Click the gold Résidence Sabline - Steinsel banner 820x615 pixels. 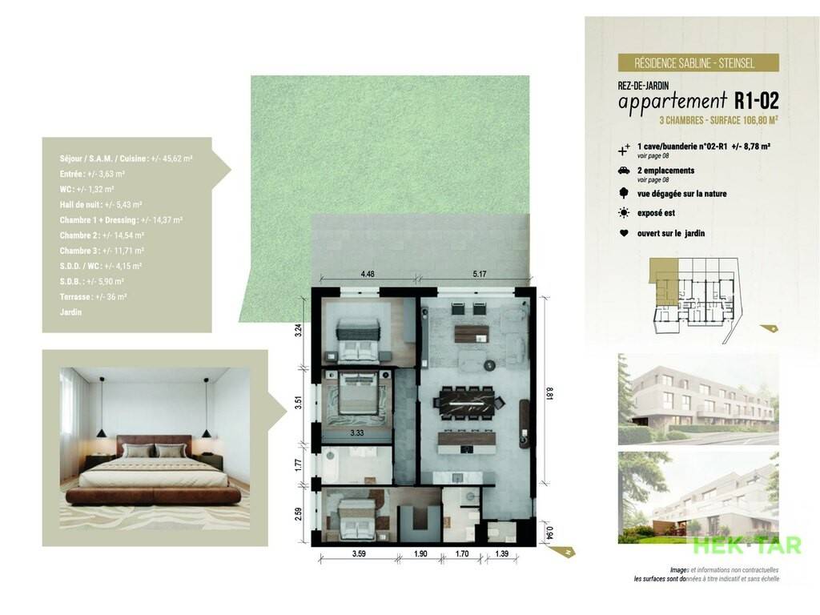pyautogui.click(x=698, y=62)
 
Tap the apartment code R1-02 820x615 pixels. pyautogui.click(x=756, y=100)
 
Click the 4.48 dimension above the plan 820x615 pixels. pyautogui.click(x=367, y=274)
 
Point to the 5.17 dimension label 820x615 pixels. pyautogui.click(x=479, y=274)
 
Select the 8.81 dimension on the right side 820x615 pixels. pyautogui.click(x=549, y=394)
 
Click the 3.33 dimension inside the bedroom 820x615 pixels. pyautogui.click(x=357, y=432)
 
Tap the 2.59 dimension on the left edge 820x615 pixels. pyautogui.click(x=298, y=515)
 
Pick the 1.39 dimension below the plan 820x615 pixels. pyautogui.click(x=501, y=553)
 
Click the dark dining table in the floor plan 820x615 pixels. pyautogui.click(x=467, y=404)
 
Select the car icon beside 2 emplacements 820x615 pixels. pyautogui.click(x=623, y=171)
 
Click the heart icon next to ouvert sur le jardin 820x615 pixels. pyautogui.click(x=623, y=233)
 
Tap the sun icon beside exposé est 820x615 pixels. pyautogui.click(x=623, y=213)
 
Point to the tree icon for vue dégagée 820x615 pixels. pyautogui.click(x=623, y=193)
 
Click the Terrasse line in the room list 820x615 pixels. pyautogui.click(x=93, y=297)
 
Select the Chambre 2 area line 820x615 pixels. pyautogui.click(x=102, y=235)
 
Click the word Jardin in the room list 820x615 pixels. pyautogui.click(x=70, y=312)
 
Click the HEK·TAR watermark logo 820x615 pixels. pyautogui.click(x=747, y=545)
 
